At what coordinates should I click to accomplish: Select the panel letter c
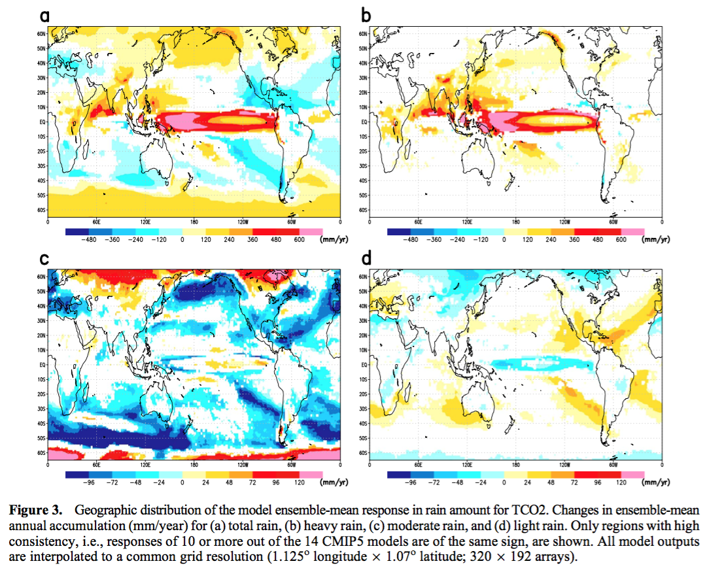pyautogui.click(x=44, y=259)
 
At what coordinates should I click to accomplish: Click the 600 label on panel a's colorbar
pyautogui.click(x=299, y=239)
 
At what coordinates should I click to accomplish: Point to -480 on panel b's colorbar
pyautogui.click(x=411, y=239)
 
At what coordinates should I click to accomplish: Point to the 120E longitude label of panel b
pyautogui.click(x=467, y=222)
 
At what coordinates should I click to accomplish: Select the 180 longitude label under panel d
pyautogui.click(x=516, y=465)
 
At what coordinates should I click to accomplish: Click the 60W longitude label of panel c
pyautogui.click(x=292, y=465)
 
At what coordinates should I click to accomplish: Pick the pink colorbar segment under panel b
pyautogui.click(x=632, y=231)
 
